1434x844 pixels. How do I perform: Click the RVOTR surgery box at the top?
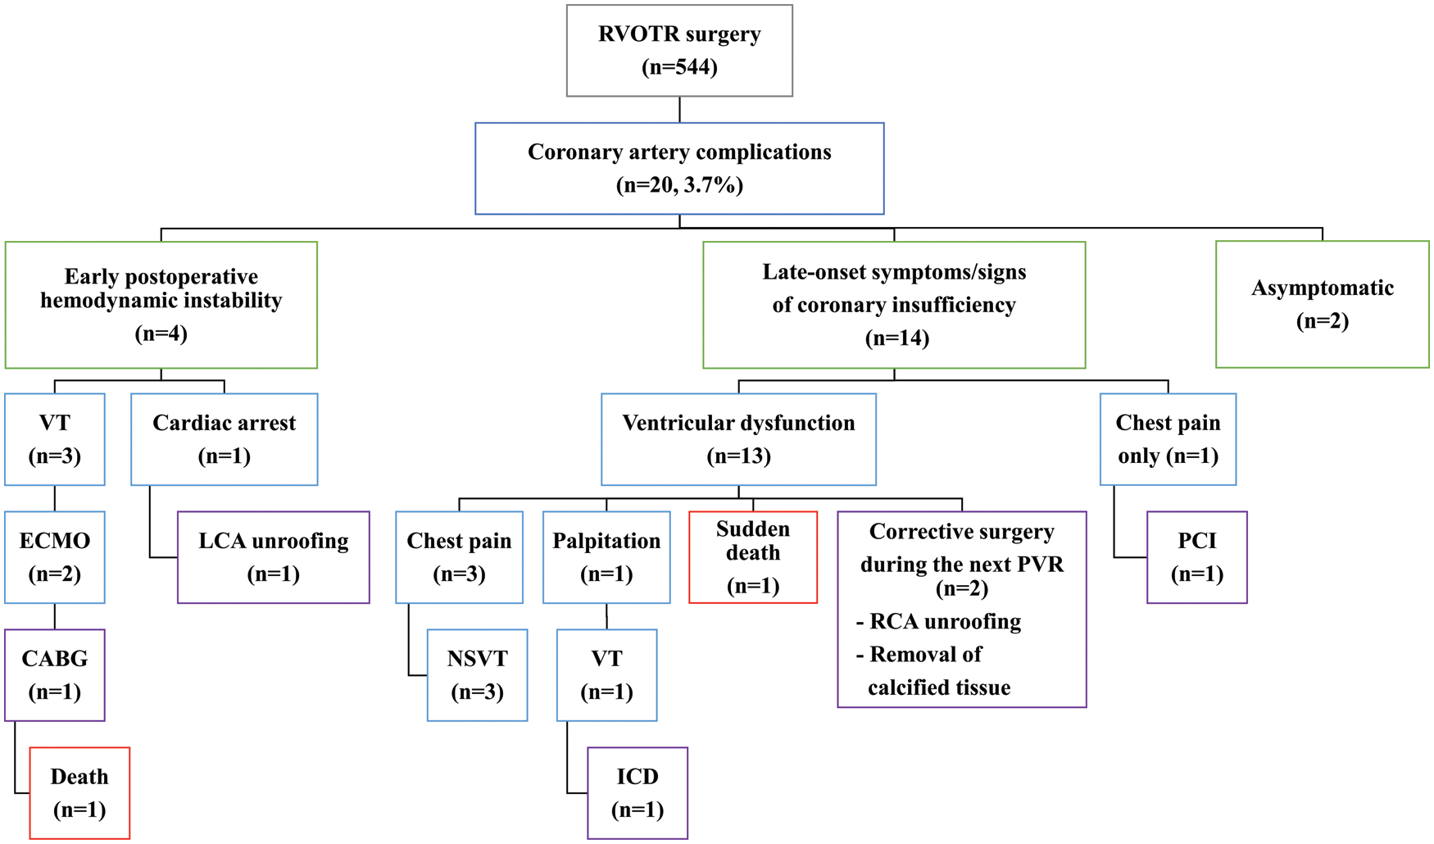click(x=679, y=51)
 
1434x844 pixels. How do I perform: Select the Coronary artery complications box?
click(x=679, y=169)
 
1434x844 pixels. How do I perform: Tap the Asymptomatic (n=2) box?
click(x=1322, y=304)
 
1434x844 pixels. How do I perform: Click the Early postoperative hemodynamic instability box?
click(x=161, y=305)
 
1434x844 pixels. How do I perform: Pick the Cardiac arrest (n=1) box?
click(x=224, y=439)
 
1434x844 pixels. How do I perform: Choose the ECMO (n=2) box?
click(x=55, y=557)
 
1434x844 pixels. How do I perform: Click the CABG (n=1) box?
click(x=55, y=675)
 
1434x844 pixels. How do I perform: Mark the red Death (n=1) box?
click(x=79, y=793)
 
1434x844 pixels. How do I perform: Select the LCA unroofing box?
click(x=273, y=557)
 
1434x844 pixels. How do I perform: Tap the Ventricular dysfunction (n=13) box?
click(x=738, y=439)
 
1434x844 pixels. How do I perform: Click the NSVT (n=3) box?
click(x=477, y=675)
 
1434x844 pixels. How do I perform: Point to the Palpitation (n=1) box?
click(x=606, y=557)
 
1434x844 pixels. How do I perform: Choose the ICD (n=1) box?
click(x=638, y=793)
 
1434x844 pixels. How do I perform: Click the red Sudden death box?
click(x=753, y=557)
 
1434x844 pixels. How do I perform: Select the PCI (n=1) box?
click(x=1196, y=557)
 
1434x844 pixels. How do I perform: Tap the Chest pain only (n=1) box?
click(x=1168, y=439)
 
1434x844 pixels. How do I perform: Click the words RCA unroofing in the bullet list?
click(x=945, y=622)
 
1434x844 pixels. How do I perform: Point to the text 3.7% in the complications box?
click(x=711, y=185)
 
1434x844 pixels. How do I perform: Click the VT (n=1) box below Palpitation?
click(x=606, y=675)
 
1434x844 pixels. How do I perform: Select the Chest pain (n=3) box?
click(x=459, y=557)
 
